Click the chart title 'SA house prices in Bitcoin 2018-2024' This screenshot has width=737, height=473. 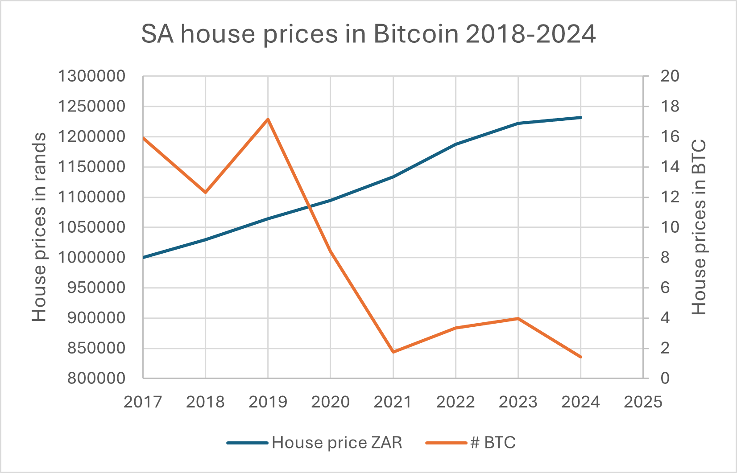point(368,34)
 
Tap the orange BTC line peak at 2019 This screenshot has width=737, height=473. point(268,119)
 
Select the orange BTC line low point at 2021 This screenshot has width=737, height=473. point(393,352)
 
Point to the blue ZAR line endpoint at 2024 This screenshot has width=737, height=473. point(580,117)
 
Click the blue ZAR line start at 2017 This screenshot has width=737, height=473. point(143,257)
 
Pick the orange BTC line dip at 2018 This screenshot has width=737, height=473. point(205,192)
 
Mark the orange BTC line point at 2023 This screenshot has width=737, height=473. point(518,318)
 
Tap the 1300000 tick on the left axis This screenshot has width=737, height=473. point(91,76)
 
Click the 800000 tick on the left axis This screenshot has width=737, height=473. point(96,378)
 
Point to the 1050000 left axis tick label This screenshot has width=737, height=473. point(91,227)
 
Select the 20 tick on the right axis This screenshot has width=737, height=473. point(669,76)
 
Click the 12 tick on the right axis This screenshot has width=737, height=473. point(669,197)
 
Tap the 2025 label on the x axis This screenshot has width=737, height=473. point(643,402)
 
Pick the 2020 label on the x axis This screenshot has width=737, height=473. point(330,402)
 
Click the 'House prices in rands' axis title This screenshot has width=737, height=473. point(39,227)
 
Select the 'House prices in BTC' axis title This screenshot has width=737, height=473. point(699,227)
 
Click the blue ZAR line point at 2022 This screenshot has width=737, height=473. point(455,144)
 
